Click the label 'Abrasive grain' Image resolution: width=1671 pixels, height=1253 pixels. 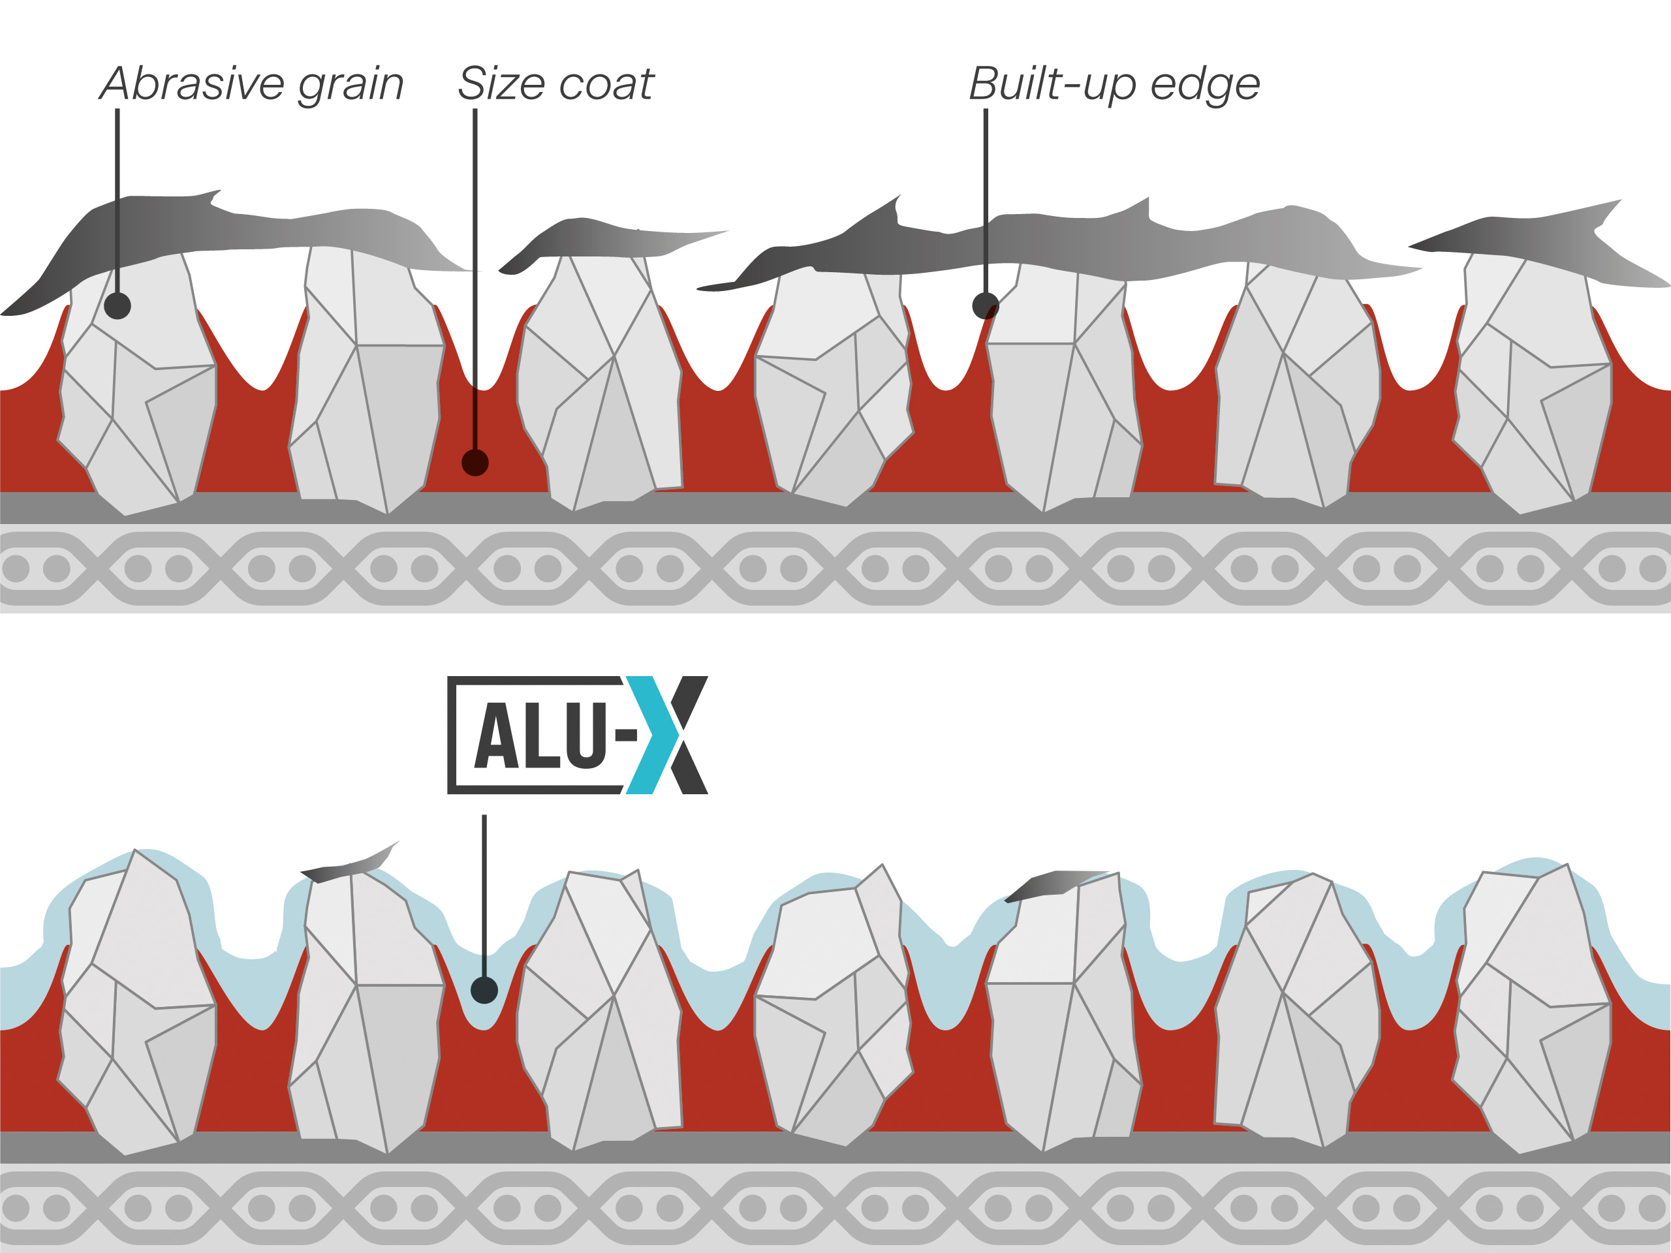pos(251,85)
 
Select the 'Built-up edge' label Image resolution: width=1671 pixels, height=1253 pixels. pos(1114,85)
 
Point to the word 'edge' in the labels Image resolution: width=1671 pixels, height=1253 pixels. pos(1204,86)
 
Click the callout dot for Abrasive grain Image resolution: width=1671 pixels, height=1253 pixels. pos(117,305)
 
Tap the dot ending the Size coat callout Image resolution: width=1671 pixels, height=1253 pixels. pos(475,462)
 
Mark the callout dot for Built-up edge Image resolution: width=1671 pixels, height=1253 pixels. pos(985,305)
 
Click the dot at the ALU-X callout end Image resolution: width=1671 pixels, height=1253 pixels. pos(484,989)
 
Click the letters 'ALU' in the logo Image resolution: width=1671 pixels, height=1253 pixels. pos(539,735)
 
